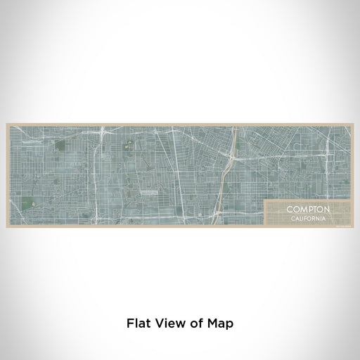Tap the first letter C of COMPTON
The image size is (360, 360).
click(x=288, y=209)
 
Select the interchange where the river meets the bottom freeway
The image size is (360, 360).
click(x=220, y=211)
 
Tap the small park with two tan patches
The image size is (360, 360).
click(x=129, y=146)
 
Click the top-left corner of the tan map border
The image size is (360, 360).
click(x=7, y=124)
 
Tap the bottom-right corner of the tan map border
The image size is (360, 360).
click(x=353, y=226)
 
